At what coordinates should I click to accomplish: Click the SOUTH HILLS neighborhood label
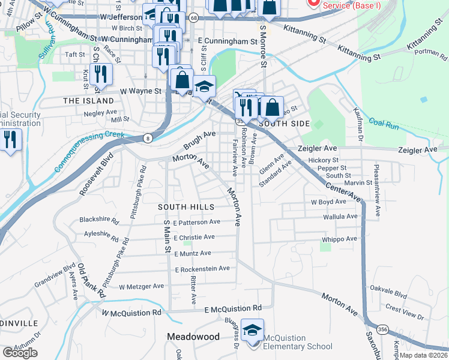(x=186, y=207)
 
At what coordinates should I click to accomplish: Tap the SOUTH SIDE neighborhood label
(x=284, y=124)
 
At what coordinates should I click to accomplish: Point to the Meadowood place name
(x=193, y=337)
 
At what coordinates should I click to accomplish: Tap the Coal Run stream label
(x=384, y=124)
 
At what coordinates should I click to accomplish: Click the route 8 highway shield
(x=148, y=139)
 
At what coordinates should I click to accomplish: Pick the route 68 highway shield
(x=193, y=19)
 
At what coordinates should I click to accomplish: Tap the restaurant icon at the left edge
(x=10, y=140)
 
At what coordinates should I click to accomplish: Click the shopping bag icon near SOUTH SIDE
(x=272, y=108)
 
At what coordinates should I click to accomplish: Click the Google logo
(x=20, y=352)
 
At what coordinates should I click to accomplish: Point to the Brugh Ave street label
(x=199, y=141)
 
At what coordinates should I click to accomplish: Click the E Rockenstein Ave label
(x=202, y=269)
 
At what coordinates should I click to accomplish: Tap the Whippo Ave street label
(x=339, y=239)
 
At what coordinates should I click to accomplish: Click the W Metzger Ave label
(x=141, y=286)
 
